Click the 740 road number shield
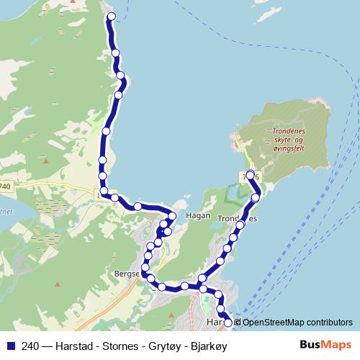pos(5,186)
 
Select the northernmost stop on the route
pos(109,16)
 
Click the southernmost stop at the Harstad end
pos(228,323)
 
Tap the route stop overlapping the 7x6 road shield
pos(251,175)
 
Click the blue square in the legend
pos(8,346)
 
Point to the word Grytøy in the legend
pos(155,346)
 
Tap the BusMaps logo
pos(326,346)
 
